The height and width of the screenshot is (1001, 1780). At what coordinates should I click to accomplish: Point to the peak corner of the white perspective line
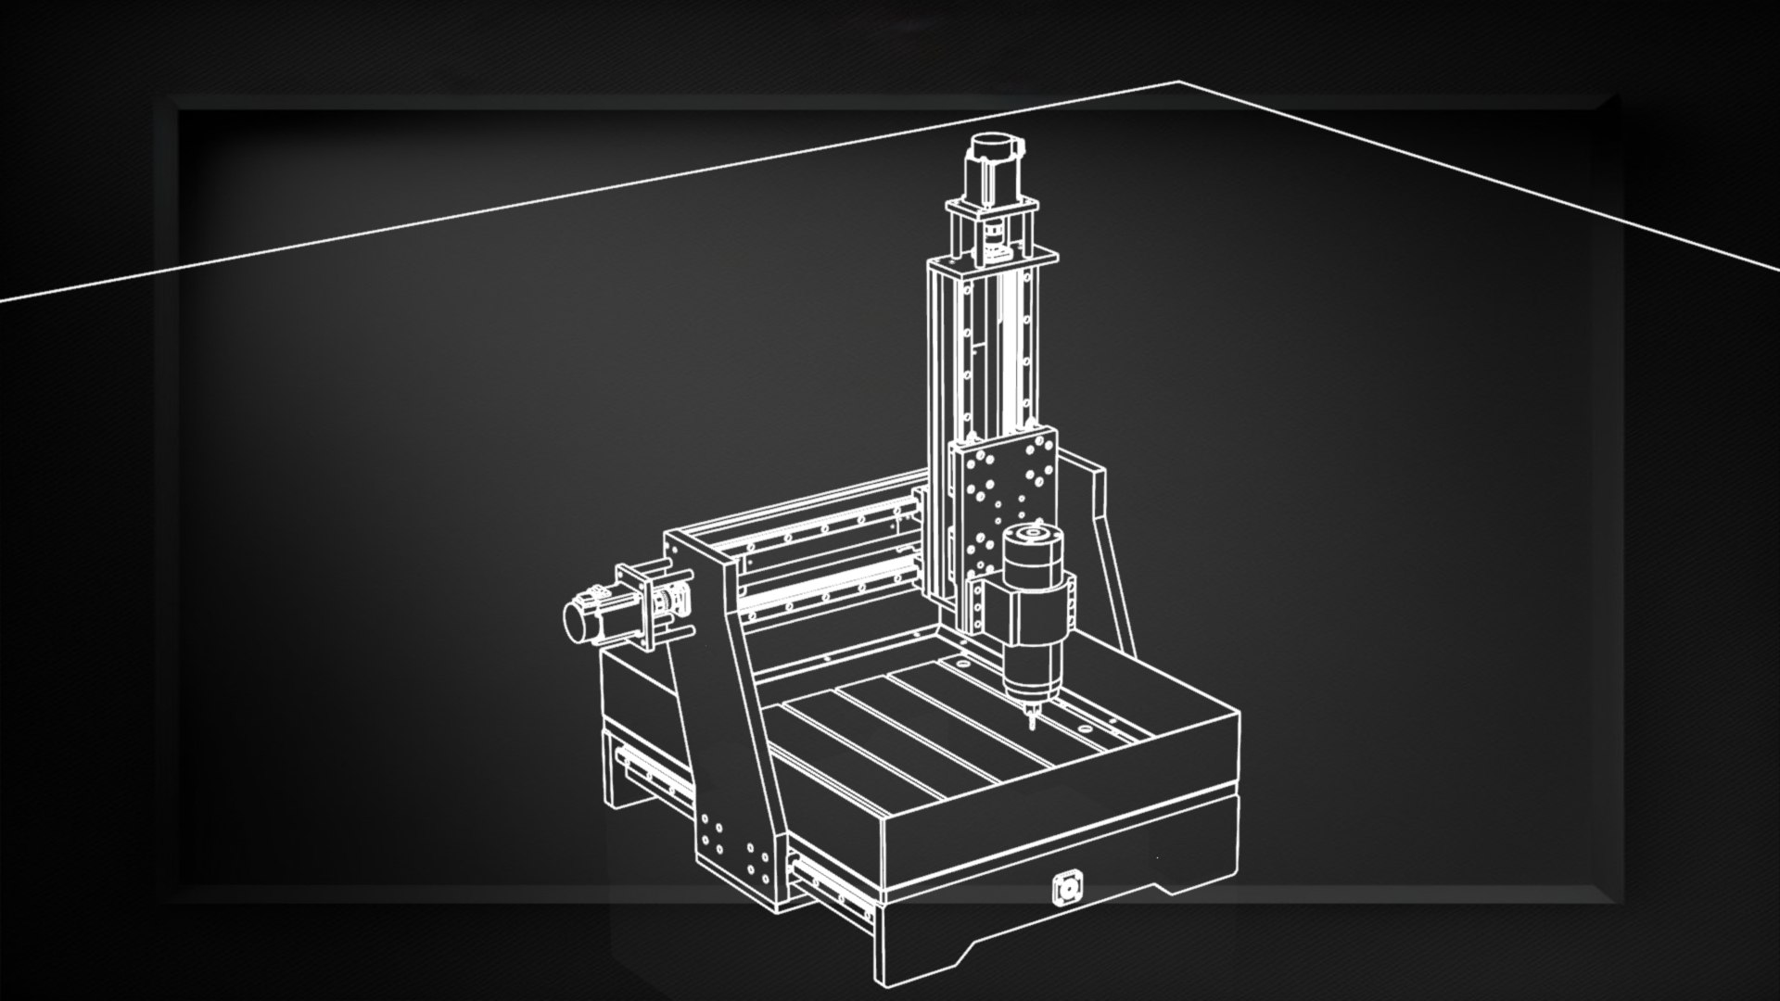coord(1179,83)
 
